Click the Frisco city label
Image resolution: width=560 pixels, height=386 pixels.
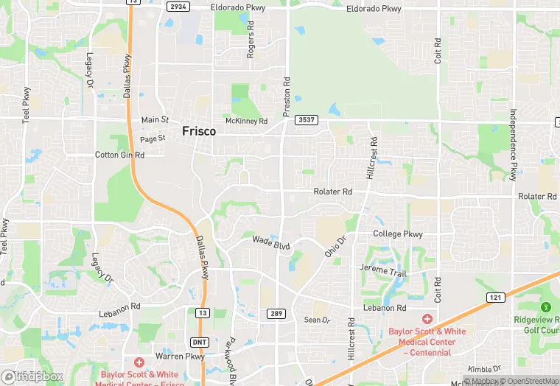point(199,131)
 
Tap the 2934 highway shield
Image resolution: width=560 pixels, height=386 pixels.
point(178,7)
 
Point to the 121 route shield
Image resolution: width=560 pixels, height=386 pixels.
point(494,297)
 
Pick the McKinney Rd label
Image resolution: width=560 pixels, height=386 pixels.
point(246,121)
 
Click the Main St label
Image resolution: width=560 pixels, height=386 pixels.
point(155,119)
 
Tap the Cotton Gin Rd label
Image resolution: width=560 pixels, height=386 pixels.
point(119,155)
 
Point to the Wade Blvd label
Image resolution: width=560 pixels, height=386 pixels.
point(271,241)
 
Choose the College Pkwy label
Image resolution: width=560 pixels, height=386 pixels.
point(398,234)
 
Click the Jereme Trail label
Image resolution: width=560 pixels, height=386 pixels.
point(382,270)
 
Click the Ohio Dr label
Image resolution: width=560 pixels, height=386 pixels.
point(335,246)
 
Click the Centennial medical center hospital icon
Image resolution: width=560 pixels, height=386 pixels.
point(427,319)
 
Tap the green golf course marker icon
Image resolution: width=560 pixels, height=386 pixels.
point(546,306)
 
